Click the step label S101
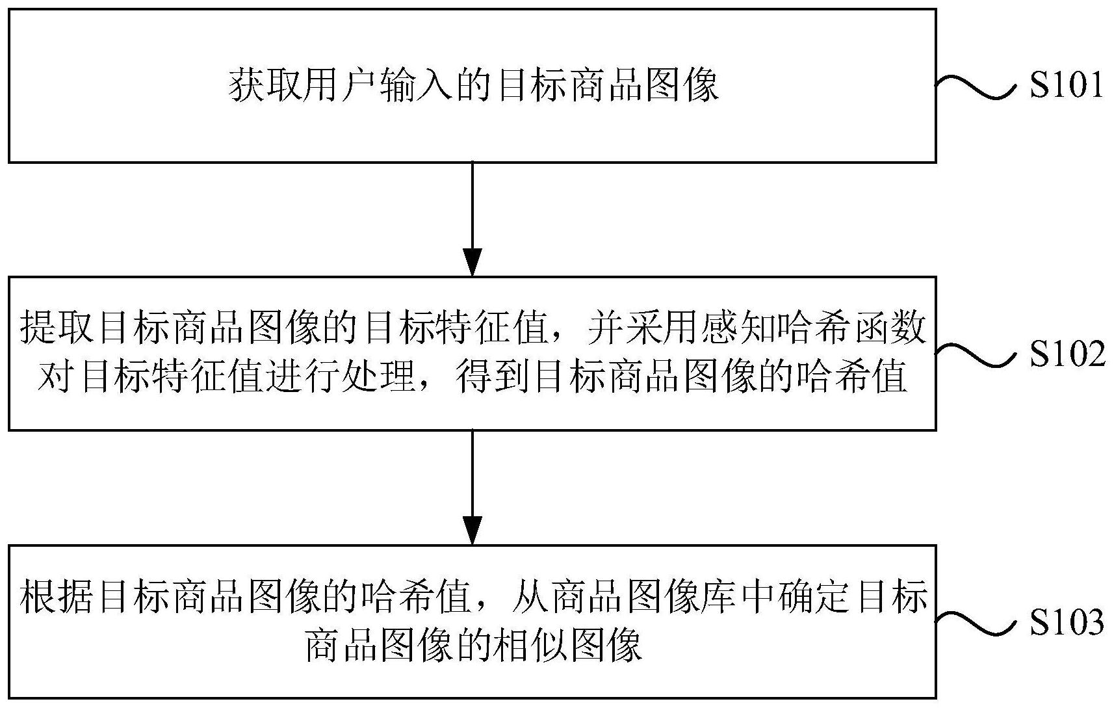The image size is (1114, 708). tap(1066, 86)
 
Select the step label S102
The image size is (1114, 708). tap(1067, 355)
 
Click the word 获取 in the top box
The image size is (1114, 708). tap(266, 86)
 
